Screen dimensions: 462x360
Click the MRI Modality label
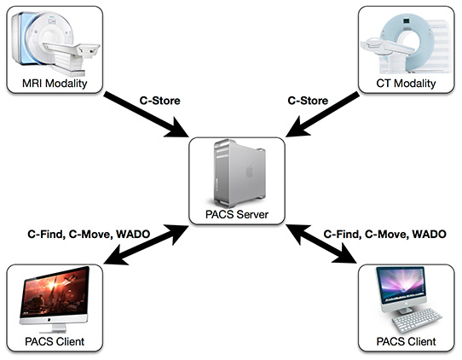55,84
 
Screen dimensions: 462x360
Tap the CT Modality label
406,84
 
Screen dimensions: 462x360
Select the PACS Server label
237,214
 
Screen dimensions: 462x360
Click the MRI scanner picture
55,43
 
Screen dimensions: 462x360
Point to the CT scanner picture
406,44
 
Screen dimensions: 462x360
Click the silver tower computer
240,173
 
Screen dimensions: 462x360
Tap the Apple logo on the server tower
250,171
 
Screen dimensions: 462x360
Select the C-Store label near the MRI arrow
160,101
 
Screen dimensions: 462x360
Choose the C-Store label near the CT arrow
308,101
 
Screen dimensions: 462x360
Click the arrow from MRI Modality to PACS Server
147,115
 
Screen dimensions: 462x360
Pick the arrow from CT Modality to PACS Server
322,114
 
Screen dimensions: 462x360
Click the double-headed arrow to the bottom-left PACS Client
147,245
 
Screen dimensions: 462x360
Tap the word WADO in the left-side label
133,234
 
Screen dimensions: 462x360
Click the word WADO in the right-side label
430,234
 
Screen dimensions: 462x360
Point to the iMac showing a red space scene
55,299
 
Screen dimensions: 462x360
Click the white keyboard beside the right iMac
417,320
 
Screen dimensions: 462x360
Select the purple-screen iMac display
401,285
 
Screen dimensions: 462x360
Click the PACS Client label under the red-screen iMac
55,341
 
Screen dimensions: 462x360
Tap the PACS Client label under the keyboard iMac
406,341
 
